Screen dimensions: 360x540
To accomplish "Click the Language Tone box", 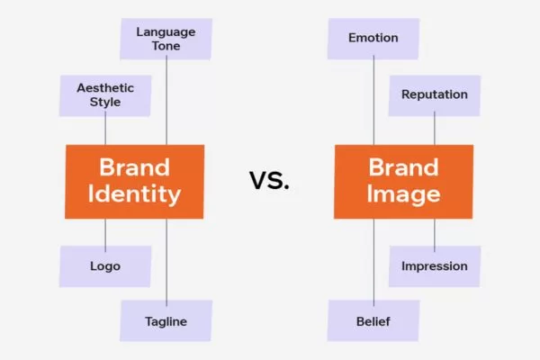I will tap(166, 39).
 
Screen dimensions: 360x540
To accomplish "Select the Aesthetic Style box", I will tap(105, 94).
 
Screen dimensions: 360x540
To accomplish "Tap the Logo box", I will tap(105, 265).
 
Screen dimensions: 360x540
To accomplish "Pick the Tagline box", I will tap(166, 320).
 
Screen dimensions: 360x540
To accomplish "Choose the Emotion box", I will tap(373, 38).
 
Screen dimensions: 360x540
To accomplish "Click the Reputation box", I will tap(435, 94).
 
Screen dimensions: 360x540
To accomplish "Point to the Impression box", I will tap(435, 265).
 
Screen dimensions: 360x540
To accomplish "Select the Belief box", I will tap(373, 320).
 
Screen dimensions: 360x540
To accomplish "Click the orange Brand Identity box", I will tap(134, 181).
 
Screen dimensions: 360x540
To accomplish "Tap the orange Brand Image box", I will tap(403, 181).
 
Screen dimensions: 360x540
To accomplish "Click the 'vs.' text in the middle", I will tap(269, 180).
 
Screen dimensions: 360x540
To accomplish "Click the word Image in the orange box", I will tap(403, 194).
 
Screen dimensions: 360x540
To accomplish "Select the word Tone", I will tap(166, 46).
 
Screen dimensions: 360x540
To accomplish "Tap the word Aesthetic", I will tap(105, 87).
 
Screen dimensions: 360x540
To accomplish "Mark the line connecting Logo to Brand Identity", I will tap(105, 232).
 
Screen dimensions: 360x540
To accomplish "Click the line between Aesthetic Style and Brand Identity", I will tap(105, 130).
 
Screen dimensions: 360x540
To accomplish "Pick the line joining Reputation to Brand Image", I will tap(435, 130).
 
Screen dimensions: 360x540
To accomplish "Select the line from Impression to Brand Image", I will tap(435, 232).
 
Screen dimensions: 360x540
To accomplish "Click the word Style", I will tap(105, 103).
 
